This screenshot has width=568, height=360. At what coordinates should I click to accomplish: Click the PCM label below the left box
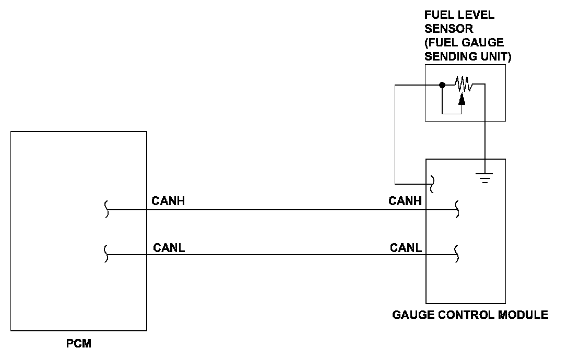79,343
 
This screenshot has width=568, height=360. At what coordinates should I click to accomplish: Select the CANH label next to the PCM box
168,201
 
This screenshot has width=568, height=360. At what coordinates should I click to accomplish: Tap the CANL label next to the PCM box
169,248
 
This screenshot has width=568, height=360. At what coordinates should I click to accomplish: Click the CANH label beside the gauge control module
405,201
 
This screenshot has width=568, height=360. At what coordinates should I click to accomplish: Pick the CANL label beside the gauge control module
406,248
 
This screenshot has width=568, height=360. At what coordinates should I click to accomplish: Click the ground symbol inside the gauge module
484,178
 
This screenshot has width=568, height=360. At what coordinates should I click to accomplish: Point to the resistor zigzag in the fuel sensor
463,84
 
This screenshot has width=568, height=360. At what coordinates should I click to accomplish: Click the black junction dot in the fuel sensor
442,85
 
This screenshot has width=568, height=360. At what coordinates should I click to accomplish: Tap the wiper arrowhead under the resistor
462,99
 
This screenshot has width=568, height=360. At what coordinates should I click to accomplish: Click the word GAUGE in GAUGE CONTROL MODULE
413,315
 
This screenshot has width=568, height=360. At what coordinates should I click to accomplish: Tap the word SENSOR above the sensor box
449,29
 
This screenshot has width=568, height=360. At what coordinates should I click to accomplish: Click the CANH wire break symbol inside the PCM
106,209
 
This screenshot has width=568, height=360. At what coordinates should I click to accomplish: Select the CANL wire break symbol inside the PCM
106,254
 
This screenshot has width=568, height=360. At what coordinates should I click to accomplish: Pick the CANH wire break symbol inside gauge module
457,209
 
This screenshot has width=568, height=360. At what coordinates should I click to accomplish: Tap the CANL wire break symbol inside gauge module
457,254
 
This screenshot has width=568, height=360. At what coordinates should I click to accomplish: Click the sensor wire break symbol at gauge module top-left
431,184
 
